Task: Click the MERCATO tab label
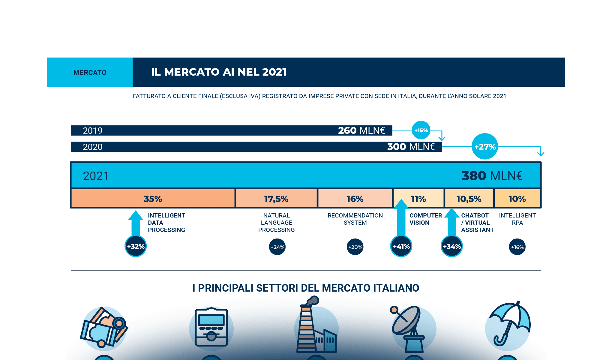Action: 90,73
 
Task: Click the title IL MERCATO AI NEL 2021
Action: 219,72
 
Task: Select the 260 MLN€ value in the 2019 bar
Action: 361,130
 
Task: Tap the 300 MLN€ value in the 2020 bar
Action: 411,147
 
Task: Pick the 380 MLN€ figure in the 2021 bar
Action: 492,176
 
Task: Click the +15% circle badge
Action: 421,130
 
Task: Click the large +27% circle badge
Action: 485,147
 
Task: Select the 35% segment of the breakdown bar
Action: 153,199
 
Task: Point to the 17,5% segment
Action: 276,199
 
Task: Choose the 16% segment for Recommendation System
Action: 355,199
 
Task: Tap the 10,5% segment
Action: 469,199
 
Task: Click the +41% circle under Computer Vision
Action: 401,246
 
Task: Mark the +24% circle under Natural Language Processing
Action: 277,247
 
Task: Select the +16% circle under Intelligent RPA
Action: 517,247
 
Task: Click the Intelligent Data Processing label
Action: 166,223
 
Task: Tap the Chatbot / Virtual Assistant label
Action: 477,223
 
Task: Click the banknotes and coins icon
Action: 103,327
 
